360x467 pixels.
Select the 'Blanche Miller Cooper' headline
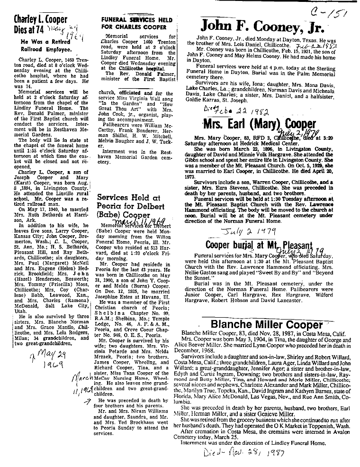coord(267,325)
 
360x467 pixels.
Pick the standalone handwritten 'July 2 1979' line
coord(245,233)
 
